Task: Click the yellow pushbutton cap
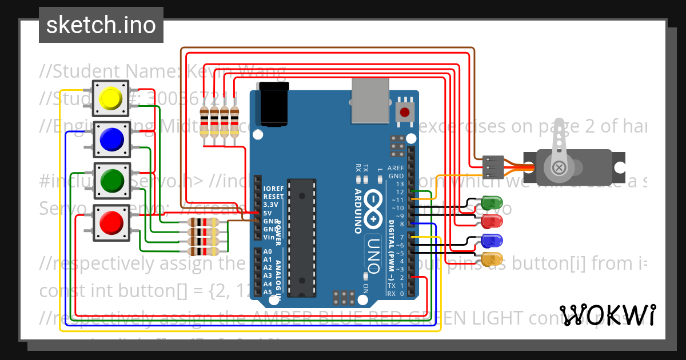click(x=111, y=99)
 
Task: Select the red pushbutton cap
click(x=111, y=222)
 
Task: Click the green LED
click(x=492, y=202)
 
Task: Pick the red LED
click(x=492, y=221)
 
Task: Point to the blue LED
click(x=492, y=240)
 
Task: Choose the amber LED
click(x=492, y=259)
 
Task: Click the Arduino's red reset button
click(x=405, y=111)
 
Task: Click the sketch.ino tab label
click(x=101, y=25)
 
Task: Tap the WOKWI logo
click(x=608, y=314)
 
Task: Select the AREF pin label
click(x=396, y=168)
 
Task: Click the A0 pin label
click(x=268, y=251)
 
